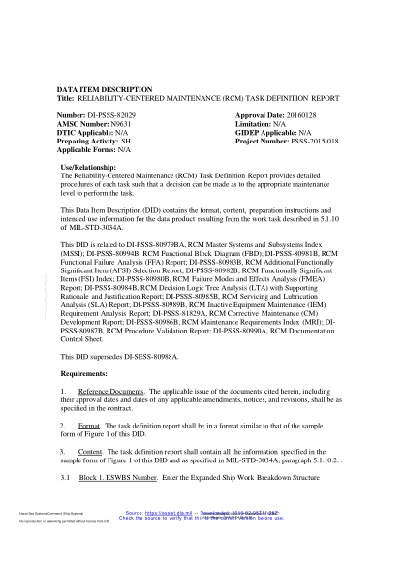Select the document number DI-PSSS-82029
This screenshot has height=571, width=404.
tap(115, 113)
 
